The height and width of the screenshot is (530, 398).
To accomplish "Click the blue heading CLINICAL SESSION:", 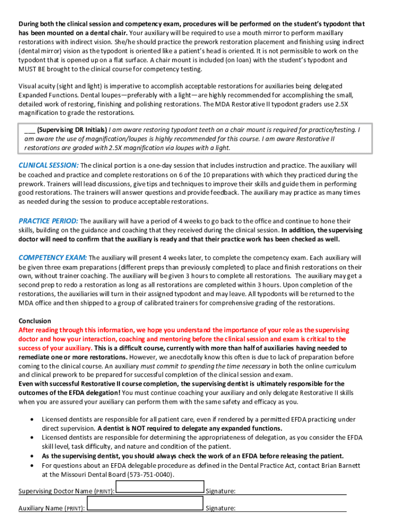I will click(x=49, y=165).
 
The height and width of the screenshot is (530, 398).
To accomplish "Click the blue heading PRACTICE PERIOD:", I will click(x=49, y=220).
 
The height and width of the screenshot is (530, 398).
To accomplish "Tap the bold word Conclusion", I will click(x=35, y=321).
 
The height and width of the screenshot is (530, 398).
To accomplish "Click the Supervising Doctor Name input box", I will click(x=160, y=487).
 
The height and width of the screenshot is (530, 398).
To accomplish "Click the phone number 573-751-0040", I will click(x=152, y=474).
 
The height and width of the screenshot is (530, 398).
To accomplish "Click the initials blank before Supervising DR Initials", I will click(x=29, y=129).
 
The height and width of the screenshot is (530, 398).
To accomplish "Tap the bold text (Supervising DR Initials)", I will click(x=72, y=129).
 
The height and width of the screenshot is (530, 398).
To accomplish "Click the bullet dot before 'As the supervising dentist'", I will click(x=33, y=456).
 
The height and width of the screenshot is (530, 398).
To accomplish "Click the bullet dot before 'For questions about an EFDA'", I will click(x=33, y=465).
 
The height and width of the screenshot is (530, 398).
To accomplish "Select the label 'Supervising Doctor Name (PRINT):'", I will click(x=67, y=491).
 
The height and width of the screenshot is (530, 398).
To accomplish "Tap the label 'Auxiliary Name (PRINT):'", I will click(x=52, y=509).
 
